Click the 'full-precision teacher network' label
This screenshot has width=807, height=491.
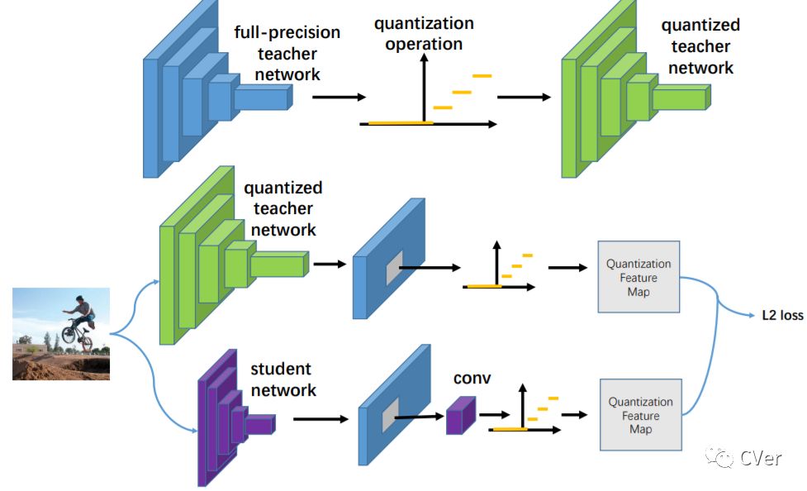[287, 53]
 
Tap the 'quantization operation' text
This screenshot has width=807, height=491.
[424, 34]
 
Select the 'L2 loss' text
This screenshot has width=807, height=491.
[782, 315]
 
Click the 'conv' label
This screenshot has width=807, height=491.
[472, 378]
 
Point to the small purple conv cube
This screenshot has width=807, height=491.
[461, 415]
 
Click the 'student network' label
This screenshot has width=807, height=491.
[282, 379]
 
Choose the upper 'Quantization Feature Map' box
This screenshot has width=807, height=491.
[638, 277]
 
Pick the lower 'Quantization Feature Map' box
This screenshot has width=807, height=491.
[641, 415]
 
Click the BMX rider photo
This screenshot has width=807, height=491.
[61, 334]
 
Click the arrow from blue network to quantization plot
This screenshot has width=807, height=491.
[339, 97]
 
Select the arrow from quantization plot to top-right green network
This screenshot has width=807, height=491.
[524, 97]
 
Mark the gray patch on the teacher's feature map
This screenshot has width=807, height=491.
[395, 268]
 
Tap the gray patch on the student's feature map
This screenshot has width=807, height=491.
[391, 415]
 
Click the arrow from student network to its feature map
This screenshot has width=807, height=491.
[321, 419]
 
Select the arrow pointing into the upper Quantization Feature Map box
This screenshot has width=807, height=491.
[567, 267]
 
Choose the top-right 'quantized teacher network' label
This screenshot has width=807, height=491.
[700, 46]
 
